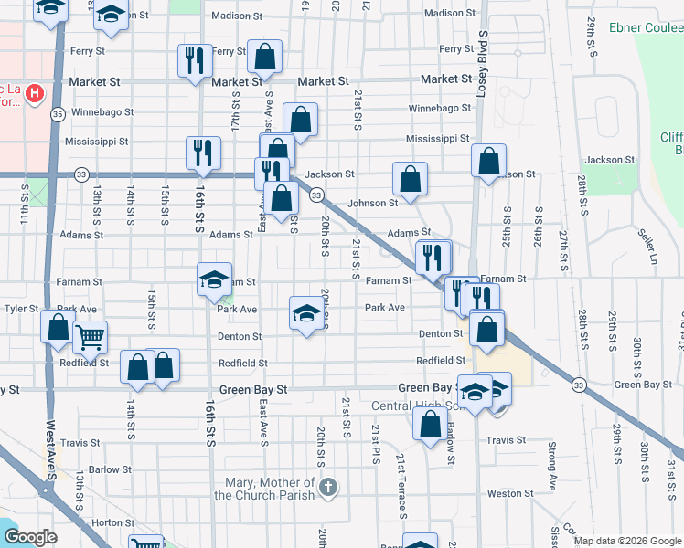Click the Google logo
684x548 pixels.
click(31, 538)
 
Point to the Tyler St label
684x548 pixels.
click(20, 309)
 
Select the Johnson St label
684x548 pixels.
click(372, 204)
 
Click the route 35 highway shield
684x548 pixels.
click(58, 114)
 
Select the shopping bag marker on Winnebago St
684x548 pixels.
click(300, 119)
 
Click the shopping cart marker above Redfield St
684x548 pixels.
click(90, 337)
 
